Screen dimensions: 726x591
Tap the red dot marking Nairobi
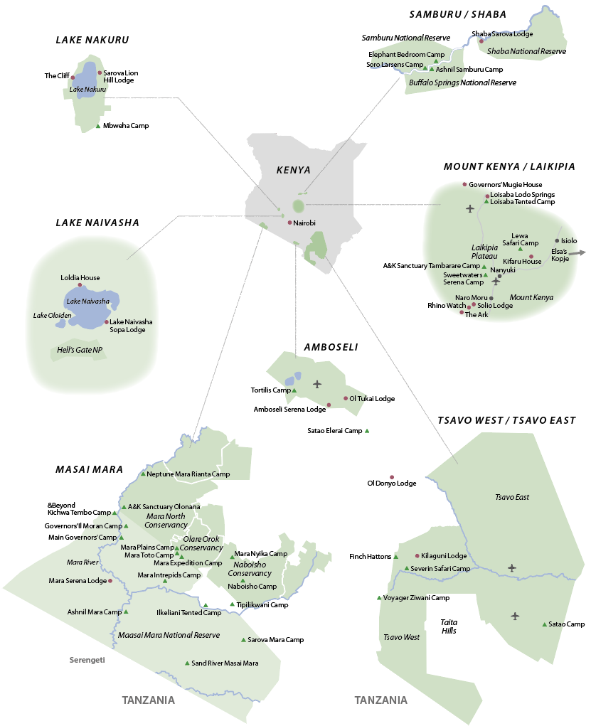coord(289,223)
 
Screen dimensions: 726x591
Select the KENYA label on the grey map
coord(294,170)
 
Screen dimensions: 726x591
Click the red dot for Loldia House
coord(80,285)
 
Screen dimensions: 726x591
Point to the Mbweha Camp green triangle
coord(98,126)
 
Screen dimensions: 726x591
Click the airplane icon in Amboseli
coord(317,384)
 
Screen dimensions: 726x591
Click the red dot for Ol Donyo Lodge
coord(391,477)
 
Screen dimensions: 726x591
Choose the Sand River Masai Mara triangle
coord(187,663)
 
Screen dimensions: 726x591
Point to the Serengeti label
coord(87,660)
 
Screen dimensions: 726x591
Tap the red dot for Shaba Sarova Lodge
coord(481,41)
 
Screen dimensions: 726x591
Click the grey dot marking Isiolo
coord(557,240)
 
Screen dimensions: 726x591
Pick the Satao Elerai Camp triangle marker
coord(367,431)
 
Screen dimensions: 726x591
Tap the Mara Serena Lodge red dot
coord(110,581)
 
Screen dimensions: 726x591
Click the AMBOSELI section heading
coord(331,348)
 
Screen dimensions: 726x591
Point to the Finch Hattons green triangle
coord(396,556)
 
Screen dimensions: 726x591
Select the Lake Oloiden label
coord(47,315)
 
